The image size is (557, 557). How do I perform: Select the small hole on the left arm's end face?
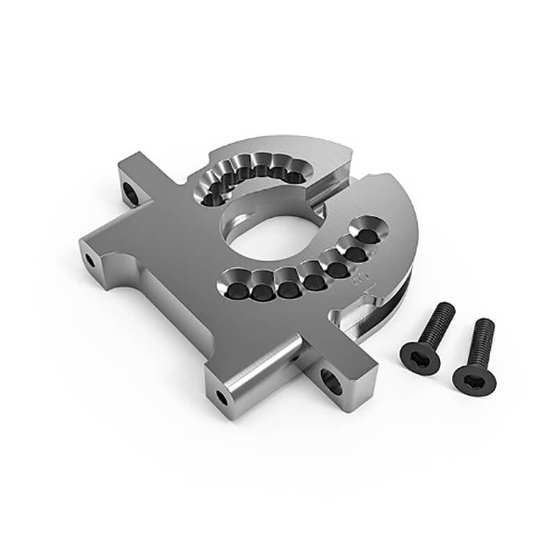click(x=90, y=260)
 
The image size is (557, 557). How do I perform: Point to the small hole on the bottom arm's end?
click(x=221, y=398)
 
